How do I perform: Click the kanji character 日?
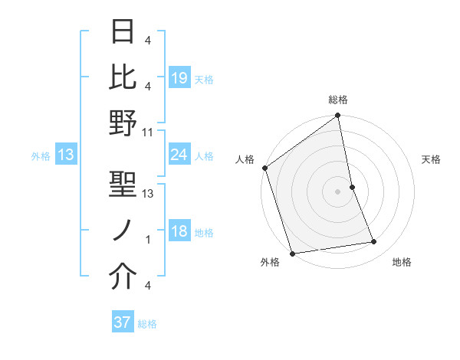[123, 31]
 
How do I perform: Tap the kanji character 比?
[123, 77]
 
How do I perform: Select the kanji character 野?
[123, 123]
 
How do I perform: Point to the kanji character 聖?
[123, 185]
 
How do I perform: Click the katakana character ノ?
[123, 231]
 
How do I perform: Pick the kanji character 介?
[123, 277]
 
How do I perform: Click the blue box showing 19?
[179, 78]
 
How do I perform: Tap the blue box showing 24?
[179, 155]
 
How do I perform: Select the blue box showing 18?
[179, 232]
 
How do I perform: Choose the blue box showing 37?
[123, 323]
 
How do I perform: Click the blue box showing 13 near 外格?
[65, 155]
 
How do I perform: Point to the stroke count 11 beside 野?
[148, 132]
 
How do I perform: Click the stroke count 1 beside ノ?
[148, 240]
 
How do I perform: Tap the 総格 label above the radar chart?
[338, 100]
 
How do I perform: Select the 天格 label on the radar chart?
[432, 159]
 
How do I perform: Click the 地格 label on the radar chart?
[402, 263]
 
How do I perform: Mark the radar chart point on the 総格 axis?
[338, 116]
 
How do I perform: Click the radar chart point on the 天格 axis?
[352, 187]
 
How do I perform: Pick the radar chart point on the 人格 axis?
[265, 168]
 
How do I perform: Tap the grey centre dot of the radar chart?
[338, 191]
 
